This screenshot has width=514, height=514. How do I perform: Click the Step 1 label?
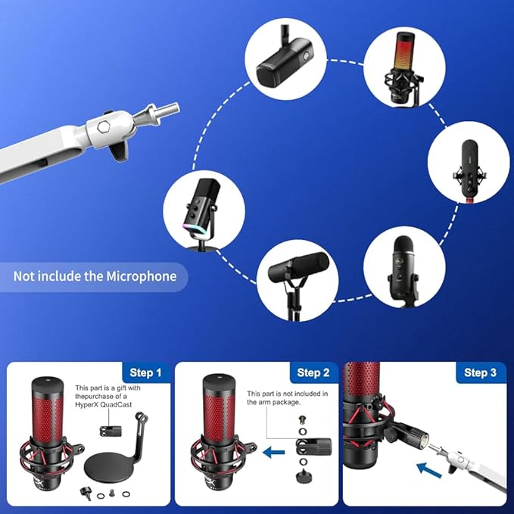[146, 372]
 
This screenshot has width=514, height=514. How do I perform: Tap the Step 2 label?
[313, 372]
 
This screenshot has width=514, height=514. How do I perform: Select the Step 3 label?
[480, 372]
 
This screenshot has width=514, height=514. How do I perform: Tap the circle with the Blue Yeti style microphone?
[403, 267]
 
